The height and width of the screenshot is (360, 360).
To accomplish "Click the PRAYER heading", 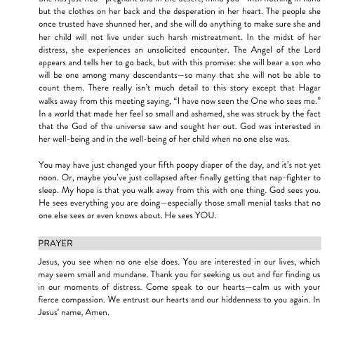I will point(55,244).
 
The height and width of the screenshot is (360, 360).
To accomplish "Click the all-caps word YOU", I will point(206,215).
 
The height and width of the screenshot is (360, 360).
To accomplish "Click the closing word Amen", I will point(97,312).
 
